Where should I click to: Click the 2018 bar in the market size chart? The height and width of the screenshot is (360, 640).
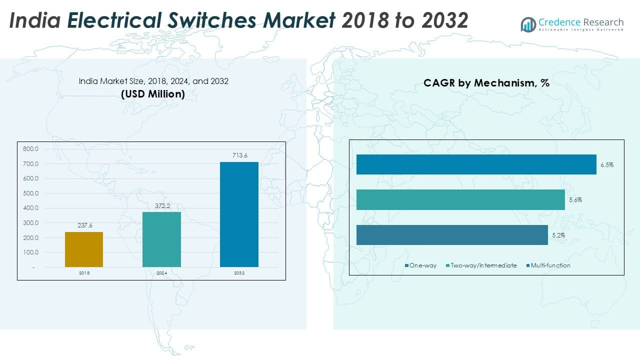pyautogui.click(x=84, y=249)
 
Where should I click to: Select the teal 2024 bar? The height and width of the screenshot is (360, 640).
pyautogui.click(x=161, y=239)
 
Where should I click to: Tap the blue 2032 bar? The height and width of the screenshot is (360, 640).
pyautogui.click(x=239, y=214)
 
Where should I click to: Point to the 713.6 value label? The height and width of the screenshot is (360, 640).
pyautogui.click(x=239, y=155)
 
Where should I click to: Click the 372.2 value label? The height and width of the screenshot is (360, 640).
pyautogui.click(x=162, y=205)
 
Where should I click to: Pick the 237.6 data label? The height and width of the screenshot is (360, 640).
pyautogui.click(x=84, y=225)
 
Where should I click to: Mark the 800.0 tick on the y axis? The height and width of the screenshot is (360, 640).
pyautogui.click(x=30, y=149)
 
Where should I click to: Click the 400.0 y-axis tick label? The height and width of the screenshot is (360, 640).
pyautogui.click(x=30, y=208)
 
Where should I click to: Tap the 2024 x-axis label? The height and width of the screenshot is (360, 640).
pyautogui.click(x=161, y=273)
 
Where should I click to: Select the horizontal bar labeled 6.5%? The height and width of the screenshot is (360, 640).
pyautogui.click(x=476, y=164)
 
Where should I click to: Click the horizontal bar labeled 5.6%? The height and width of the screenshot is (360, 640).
pyautogui.click(x=460, y=199)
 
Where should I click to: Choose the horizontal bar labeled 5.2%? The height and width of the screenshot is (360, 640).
pyautogui.click(x=452, y=235)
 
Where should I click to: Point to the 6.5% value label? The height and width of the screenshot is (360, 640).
pyautogui.click(x=606, y=164)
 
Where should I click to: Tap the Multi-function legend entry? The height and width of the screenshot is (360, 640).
pyautogui.click(x=550, y=265)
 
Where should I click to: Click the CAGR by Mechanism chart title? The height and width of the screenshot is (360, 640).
pyautogui.click(x=486, y=83)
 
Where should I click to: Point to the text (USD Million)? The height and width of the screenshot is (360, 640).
pyautogui.click(x=153, y=94)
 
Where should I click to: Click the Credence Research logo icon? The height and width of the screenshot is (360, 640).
pyautogui.click(x=528, y=24)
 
